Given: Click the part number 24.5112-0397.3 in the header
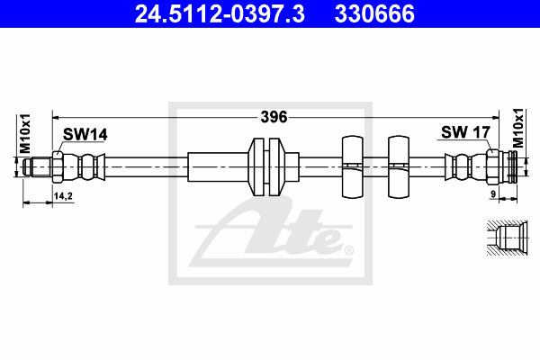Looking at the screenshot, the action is pos(220,13).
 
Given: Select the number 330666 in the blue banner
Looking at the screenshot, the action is pos(374,13).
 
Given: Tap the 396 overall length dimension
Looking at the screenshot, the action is pos(274,117).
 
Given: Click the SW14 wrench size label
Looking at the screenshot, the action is pos(85,134).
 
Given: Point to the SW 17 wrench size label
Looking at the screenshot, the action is pos(465,132).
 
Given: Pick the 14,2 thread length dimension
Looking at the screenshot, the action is pos(63,196).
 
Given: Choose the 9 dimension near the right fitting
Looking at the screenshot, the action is pos(493,194).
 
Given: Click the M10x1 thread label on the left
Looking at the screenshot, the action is pos(25,133).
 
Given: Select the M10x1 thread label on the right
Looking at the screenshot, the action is pos(518,128).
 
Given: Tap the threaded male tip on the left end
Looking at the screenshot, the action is pos(37,167).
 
